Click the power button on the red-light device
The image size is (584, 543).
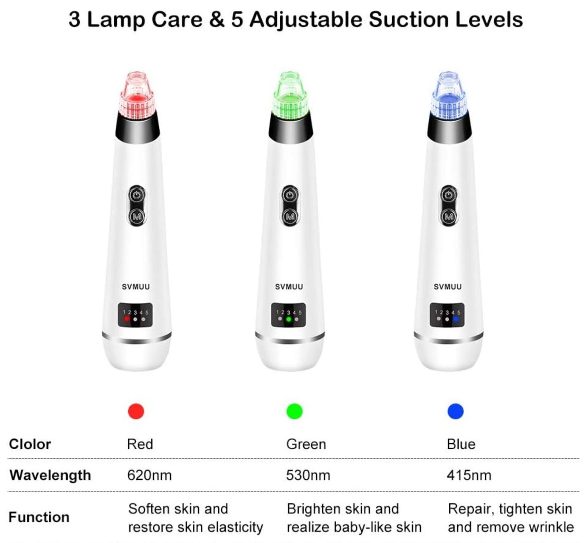[137, 195]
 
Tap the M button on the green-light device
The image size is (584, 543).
[290, 216]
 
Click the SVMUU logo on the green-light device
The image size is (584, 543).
[289, 286]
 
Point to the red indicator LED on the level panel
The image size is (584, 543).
[127, 319]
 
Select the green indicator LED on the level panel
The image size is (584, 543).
[288, 319]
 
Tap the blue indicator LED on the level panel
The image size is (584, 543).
[456, 319]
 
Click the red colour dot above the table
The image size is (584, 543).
[136, 411]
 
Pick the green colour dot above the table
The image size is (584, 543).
[294, 411]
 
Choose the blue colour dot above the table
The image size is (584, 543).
[456, 411]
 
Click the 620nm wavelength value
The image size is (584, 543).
[149, 475]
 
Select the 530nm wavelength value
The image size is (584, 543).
[308, 475]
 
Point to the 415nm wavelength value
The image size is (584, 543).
[469, 475]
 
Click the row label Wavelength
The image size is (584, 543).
[50, 476]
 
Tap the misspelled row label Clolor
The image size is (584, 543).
[30, 444]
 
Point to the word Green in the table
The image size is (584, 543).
[306, 444]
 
